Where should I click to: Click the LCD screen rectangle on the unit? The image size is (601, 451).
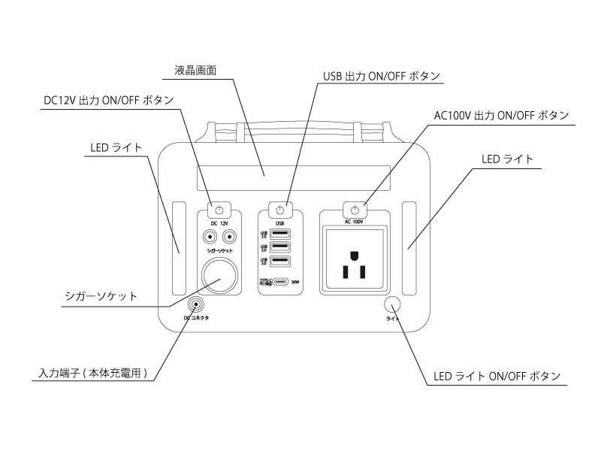[x=294, y=180]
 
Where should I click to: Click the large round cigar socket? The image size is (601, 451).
[x=219, y=274]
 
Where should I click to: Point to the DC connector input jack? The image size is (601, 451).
[x=197, y=304]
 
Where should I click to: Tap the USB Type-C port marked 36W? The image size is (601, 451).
[x=280, y=283]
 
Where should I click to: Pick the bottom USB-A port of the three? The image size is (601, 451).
[x=280, y=262]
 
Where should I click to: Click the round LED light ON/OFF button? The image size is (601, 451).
[x=392, y=304]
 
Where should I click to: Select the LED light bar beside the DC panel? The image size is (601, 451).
[x=180, y=247]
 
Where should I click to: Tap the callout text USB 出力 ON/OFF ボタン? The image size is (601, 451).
[x=381, y=76]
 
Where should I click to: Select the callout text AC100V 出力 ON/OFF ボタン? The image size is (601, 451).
[x=501, y=116]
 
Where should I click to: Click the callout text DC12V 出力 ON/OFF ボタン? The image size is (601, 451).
[x=109, y=100]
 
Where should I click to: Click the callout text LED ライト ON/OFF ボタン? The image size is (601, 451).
[x=497, y=376]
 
